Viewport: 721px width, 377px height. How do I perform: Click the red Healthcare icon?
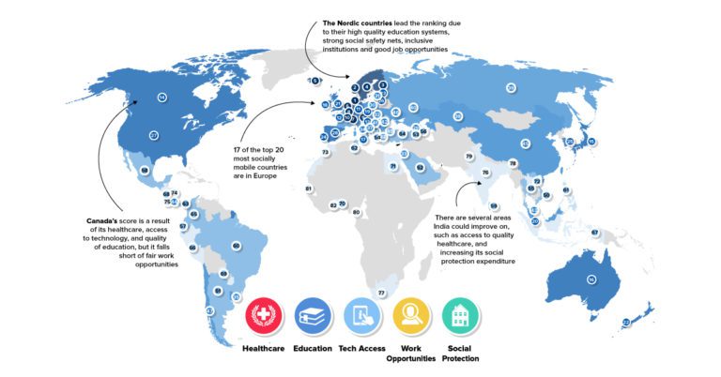point(264,316)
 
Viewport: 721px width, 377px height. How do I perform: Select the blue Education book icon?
point(312,316)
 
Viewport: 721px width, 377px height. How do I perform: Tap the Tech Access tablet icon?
point(361,316)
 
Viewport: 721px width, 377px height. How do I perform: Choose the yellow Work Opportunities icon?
point(411,316)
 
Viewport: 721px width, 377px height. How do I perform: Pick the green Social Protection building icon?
point(461,316)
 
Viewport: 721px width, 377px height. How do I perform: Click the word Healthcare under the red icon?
point(264,349)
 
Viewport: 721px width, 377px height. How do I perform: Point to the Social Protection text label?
point(461,354)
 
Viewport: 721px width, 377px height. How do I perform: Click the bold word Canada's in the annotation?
point(103,222)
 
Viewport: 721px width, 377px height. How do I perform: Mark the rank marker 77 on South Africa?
point(381,294)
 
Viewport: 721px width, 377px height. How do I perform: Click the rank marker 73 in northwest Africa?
point(325,152)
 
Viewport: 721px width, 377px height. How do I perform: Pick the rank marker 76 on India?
point(485,173)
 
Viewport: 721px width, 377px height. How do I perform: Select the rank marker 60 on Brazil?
point(236,246)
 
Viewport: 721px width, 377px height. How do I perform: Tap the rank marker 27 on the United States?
point(154,136)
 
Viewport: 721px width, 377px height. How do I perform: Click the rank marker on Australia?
point(591,280)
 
